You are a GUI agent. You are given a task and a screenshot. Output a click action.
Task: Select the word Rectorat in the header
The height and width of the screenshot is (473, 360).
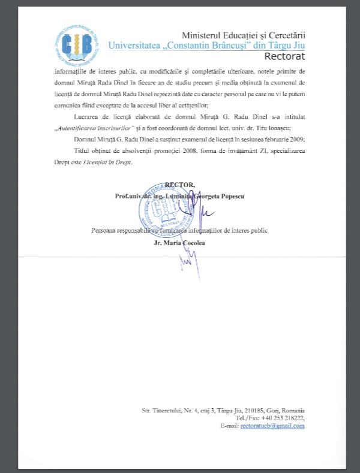point(284,56)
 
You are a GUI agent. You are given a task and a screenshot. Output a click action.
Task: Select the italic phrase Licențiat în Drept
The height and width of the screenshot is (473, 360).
point(110,162)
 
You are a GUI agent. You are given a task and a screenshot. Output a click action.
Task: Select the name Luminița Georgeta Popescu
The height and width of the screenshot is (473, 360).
point(208,195)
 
